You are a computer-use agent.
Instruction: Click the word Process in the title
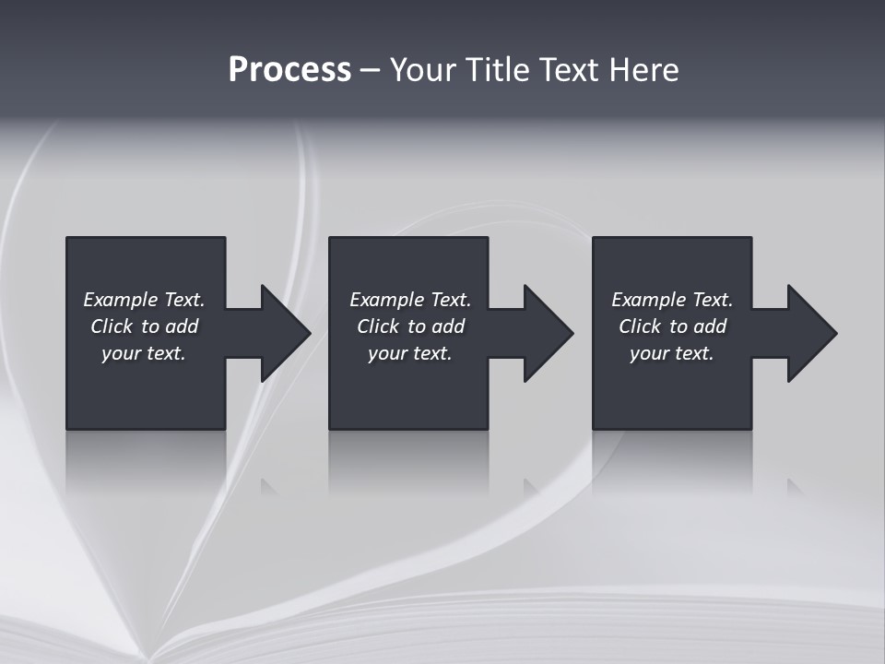point(289,70)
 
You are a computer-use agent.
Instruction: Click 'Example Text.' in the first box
point(144,300)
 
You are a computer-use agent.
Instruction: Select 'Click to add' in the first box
point(144,326)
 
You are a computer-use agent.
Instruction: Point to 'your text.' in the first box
point(144,353)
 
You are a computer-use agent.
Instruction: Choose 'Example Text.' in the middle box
point(410,300)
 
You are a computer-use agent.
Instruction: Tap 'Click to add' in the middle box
point(410,326)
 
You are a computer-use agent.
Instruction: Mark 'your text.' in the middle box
point(410,353)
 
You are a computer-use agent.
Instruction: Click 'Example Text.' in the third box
point(672,300)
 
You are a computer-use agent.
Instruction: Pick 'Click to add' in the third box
point(672,326)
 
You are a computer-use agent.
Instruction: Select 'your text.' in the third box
point(672,353)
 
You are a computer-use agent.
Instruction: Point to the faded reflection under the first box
point(146,461)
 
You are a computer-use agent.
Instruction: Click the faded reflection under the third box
point(672,461)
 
